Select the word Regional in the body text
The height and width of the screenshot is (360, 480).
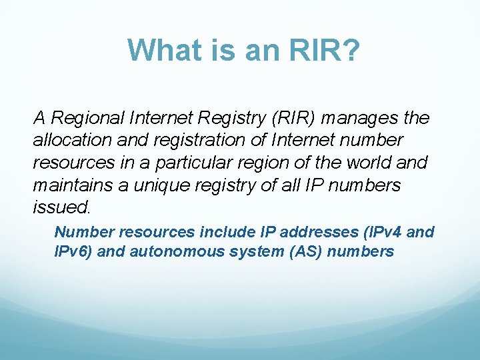(x=86, y=119)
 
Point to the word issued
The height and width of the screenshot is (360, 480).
(x=61, y=207)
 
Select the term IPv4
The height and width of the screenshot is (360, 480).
(x=379, y=232)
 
